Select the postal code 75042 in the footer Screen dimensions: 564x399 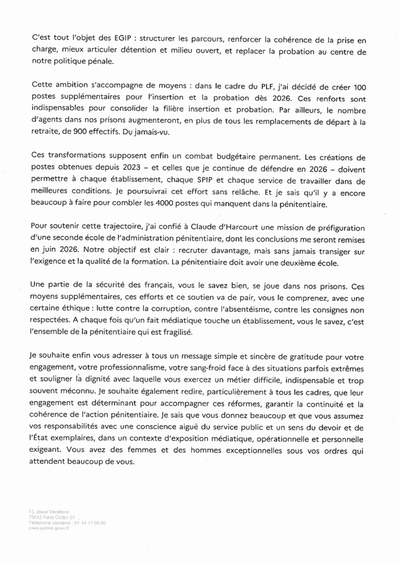click(x=36, y=517)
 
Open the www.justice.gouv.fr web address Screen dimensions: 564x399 click(x=48, y=528)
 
